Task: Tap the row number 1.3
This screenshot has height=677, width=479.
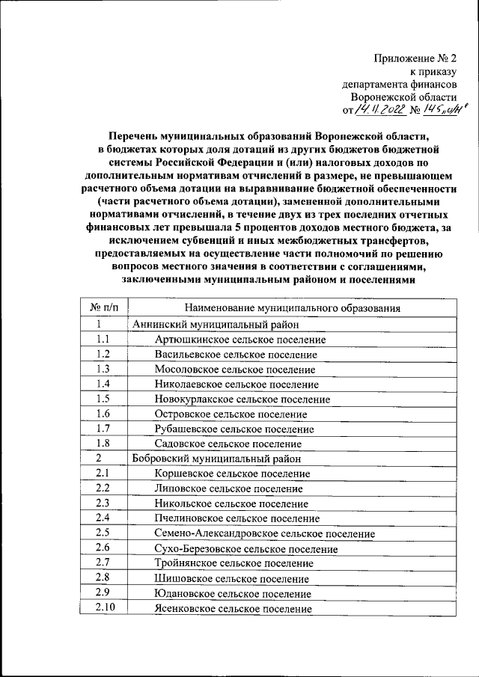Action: pyautogui.click(x=103, y=370)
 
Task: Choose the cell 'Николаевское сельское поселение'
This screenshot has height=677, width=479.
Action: pyautogui.click(x=237, y=385)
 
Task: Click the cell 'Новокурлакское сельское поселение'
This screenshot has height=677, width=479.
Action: pyautogui.click(x=242, y=399)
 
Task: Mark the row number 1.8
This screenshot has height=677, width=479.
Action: pyautogui.click(x=103, y=444)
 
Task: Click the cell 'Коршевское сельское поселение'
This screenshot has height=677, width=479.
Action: pyautogui.click(x=232, y=474)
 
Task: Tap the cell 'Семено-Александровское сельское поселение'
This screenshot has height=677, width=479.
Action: pyautogui.click(x=264, y=534)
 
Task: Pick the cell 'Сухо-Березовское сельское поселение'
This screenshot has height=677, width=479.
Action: pyautogui.click(x=245, y=549)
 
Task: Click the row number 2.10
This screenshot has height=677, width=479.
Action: pyautogui.click(x=103, y=607)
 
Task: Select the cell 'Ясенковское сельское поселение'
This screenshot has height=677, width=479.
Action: pyautogui.click(x=233, y=609)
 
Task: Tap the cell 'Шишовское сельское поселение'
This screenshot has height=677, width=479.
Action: pyautogui.click(x=231, y=579)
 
